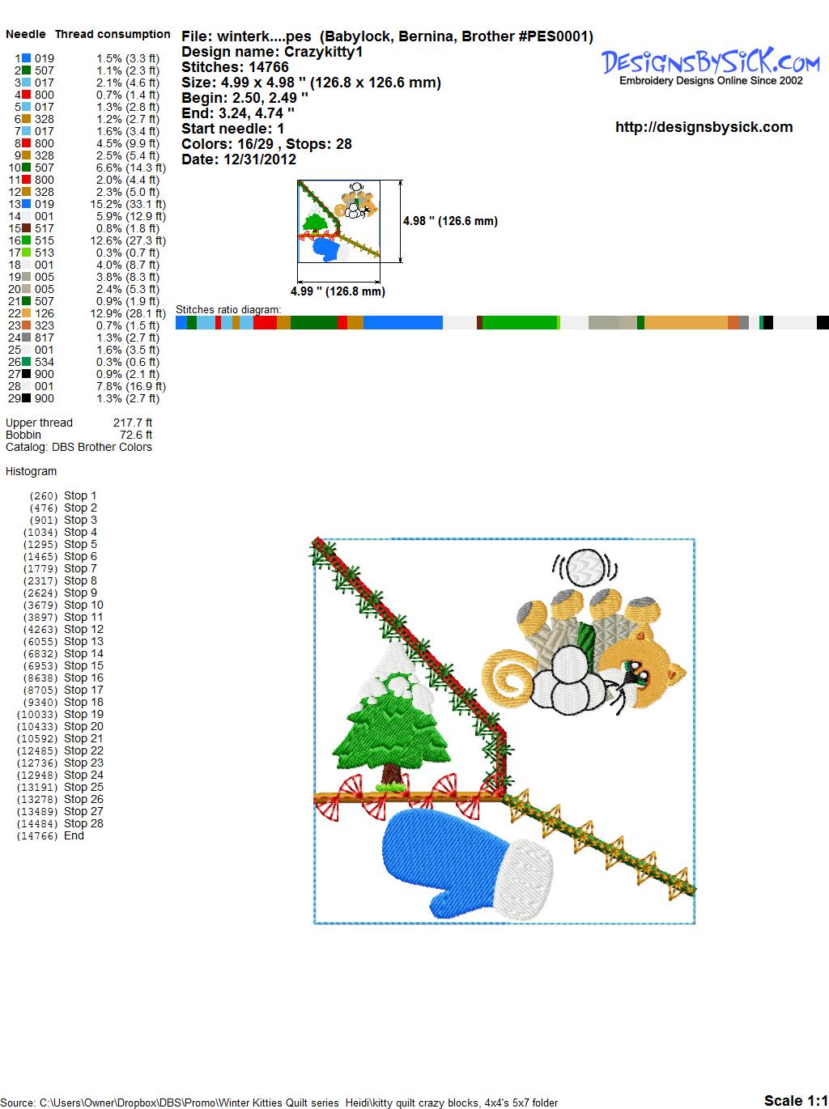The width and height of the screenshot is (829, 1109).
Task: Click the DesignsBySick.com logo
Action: (x=710, y=66)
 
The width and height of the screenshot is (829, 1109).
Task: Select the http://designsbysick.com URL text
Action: (x=704, y=127)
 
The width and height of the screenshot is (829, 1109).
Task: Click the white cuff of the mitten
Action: (x=523, y=879)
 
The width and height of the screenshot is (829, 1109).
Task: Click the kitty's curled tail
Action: (x=508, y=673)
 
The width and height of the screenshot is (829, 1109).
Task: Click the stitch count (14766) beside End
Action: (x=37, y=836)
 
